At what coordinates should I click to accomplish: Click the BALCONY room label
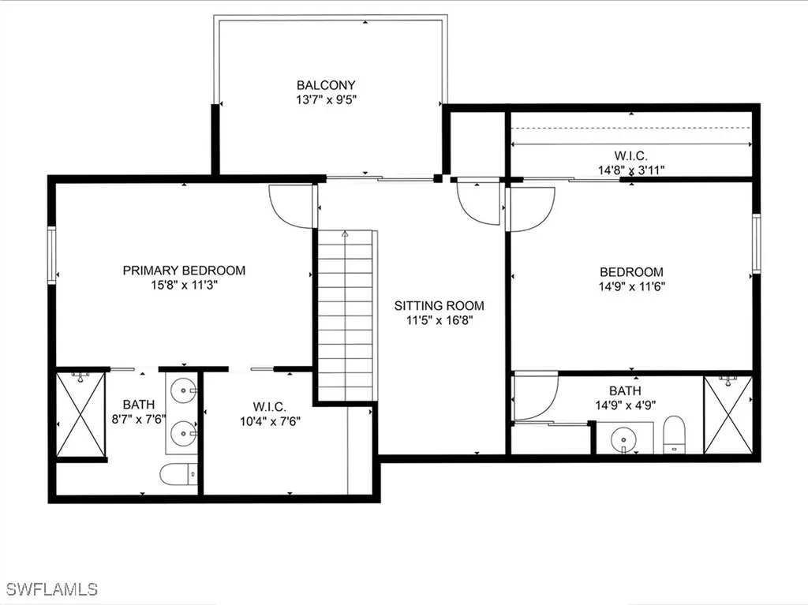tap(326, 85)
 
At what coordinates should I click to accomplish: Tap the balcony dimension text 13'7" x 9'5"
tap(326, 100)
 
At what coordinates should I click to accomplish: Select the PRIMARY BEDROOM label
tap(184, 271)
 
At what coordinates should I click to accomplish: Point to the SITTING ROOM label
tap(440, 306)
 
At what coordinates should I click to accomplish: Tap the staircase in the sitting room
tap(346, 316)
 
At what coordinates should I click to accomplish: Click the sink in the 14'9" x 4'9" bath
tap(623, 438)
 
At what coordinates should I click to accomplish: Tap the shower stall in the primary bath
tap(80, 415)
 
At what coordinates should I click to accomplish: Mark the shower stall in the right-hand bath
tap(728, 415)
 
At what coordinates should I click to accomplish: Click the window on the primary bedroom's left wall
tap(52, 255)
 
